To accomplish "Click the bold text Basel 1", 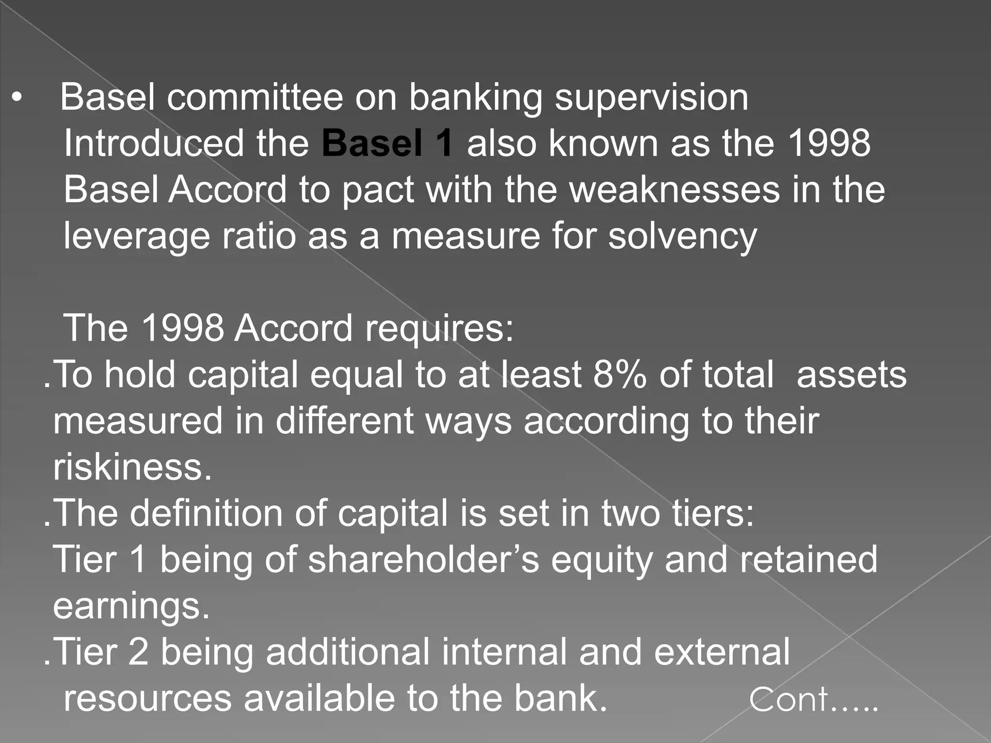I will click(x=388, y=143).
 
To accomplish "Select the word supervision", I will click(x=651, y=98).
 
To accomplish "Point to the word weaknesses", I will click(x=675, y=190).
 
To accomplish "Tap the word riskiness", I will click(x=133, y=467).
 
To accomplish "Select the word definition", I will click(x=206, y=513).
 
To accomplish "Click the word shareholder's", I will click(x=423, y=560).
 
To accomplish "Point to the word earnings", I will click(x=131, y=607).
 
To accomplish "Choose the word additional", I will click(x=347, y=652).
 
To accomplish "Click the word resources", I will click(x=148, y=698).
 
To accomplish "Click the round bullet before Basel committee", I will click(x=17, y=98).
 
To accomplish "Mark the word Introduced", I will click(x=154, y=143).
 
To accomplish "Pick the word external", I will click(x=722, y=652).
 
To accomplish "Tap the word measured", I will click(x=138, y=421).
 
